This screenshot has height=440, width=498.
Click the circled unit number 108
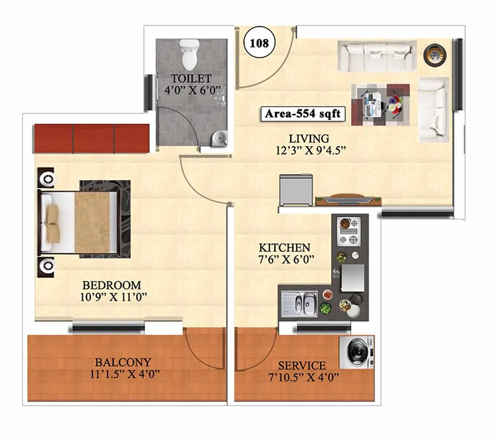[259, 43]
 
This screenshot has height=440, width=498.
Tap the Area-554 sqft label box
[302, 114]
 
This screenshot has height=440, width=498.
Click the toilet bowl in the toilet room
[189, 55]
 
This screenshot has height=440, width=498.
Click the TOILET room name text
[191, 79]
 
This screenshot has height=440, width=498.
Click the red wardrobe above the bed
[92, 138]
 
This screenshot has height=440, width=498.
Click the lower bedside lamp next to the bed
[47, 265]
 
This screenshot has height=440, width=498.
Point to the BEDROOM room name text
[112, 286]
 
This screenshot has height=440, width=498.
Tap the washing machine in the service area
[357, 353]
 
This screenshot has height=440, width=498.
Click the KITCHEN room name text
[285, 248]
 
